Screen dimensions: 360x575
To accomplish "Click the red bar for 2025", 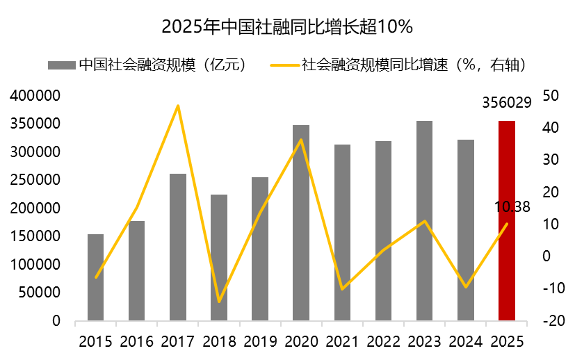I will pyautogui.click(x=507, y=221).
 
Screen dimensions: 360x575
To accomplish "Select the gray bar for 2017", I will pyautogui.click(x=178, y=247).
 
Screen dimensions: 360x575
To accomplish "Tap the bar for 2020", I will pyautogui.click(x=301, y=223).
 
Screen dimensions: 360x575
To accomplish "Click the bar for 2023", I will pyautogui.click(x=424, y=221).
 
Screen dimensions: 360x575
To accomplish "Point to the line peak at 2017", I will pyautogui.click(x=178, y=106).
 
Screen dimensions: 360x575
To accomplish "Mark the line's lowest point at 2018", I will pyautogui.click(x=219, y=302).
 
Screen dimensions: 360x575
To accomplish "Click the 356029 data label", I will pyautogui.click(x=507, y=103).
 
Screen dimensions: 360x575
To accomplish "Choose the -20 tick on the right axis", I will pyautogui.click(x=548, y=322).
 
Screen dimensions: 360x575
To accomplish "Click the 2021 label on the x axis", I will pyautogui.click(x=342, y=342).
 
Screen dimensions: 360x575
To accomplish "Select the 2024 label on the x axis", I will pyautogui.click(x=465, y=342).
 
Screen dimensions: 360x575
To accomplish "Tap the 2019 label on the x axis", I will pyautogui.click(x=260, y=342).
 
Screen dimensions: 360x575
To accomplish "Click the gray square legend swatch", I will pyautogui.click(x=60, y=65).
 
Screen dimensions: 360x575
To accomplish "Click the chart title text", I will pyautogui.click(x=287, y=27).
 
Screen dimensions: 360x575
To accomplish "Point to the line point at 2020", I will pyautogui.click(x=301, y=140).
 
